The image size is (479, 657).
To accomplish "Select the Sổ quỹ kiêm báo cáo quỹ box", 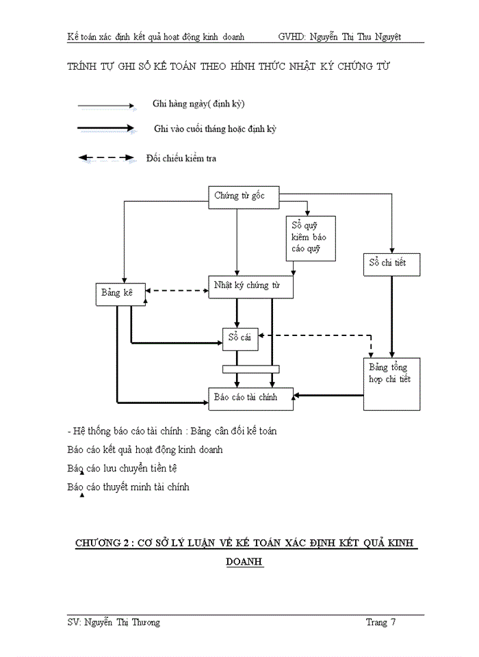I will click(x=311, y=237).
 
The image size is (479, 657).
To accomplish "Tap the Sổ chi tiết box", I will click(x=391, y=263).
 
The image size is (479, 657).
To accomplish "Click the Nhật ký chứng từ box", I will click(x=250, y=287).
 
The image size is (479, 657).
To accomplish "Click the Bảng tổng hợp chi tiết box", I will click(x=391, y=383).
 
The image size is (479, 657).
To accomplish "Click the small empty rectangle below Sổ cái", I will click(x=250, y=369).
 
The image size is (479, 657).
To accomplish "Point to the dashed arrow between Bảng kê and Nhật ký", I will click(x=177, y=290).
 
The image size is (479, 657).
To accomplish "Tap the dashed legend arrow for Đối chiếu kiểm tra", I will click(x=105, y=158).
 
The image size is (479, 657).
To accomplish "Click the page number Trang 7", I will click(x=380, y=622).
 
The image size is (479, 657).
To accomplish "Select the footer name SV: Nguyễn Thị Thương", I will click(x=114, y=622).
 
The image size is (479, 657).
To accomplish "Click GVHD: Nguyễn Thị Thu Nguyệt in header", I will click(x=339, y=36).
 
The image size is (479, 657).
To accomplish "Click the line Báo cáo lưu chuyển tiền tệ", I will click(x=123, y=469).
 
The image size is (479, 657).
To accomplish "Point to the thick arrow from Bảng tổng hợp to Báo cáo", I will click(x=328, y=395).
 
